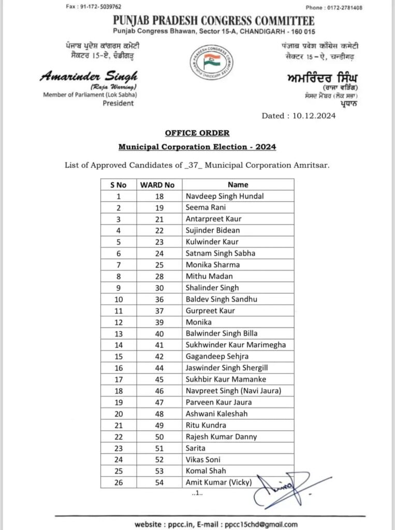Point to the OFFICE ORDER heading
click(197, 133)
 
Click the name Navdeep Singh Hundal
click(225, 196)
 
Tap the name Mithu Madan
click(209, 276)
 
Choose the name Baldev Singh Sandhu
click(222, 299)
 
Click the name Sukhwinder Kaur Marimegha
click(236, 345)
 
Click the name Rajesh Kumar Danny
click(221, 437)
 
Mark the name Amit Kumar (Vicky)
click(218, 482)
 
